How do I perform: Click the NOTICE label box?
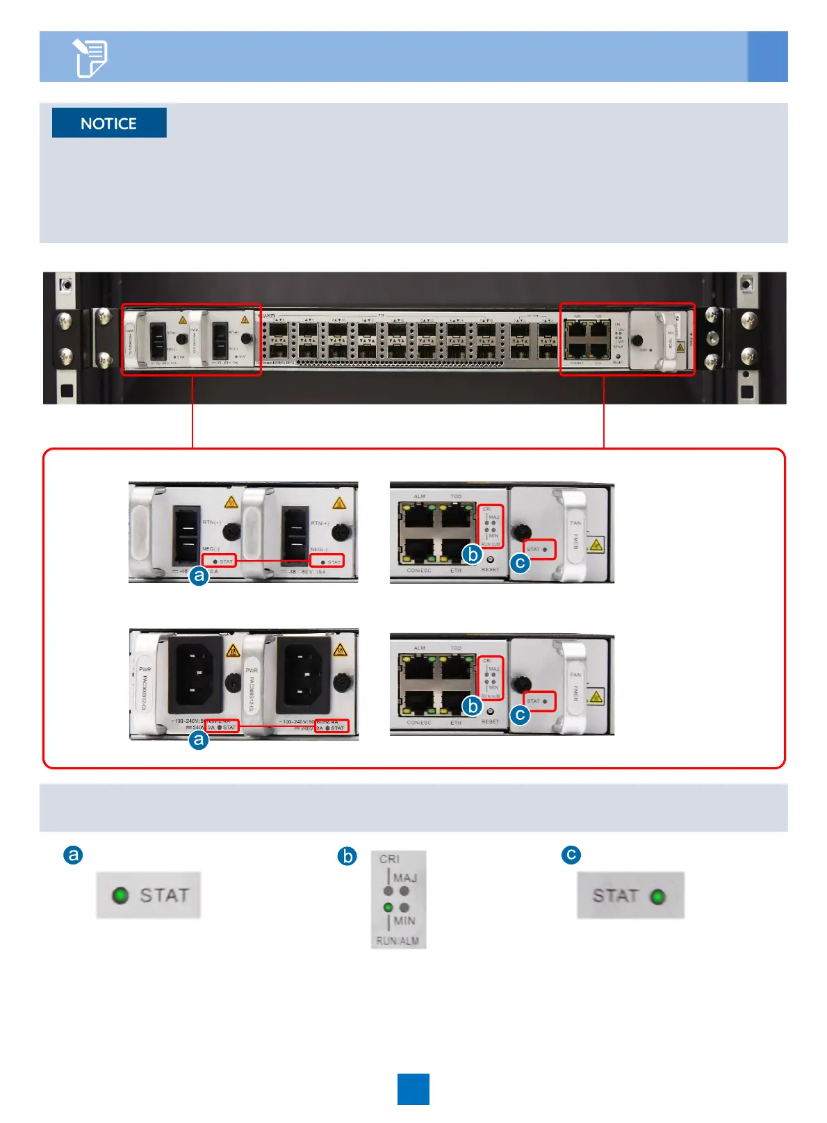(109, 123)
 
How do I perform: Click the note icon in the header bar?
(90, 58)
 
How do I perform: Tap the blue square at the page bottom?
(413, 1089)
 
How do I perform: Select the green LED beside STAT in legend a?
(120, 895)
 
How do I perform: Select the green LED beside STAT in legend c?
(657, 896)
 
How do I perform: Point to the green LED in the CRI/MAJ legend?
(388, 908)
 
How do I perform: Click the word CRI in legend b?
(389, 860)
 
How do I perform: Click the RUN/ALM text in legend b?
(398, 941)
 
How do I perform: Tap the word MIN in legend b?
(404, 921)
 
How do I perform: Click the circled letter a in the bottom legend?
(73, 854)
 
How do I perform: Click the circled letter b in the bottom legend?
(347, 855)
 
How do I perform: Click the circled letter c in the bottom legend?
(571, 854)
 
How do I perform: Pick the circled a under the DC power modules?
(199, 575)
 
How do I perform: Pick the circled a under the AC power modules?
(199, 739)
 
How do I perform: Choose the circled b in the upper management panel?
(473, 554)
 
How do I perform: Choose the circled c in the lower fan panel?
(520, 714)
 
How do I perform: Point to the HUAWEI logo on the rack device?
(267, 316)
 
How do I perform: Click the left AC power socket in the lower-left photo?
(195, 672)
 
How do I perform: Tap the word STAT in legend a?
(164, 895)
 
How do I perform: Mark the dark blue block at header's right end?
(767, 56)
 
